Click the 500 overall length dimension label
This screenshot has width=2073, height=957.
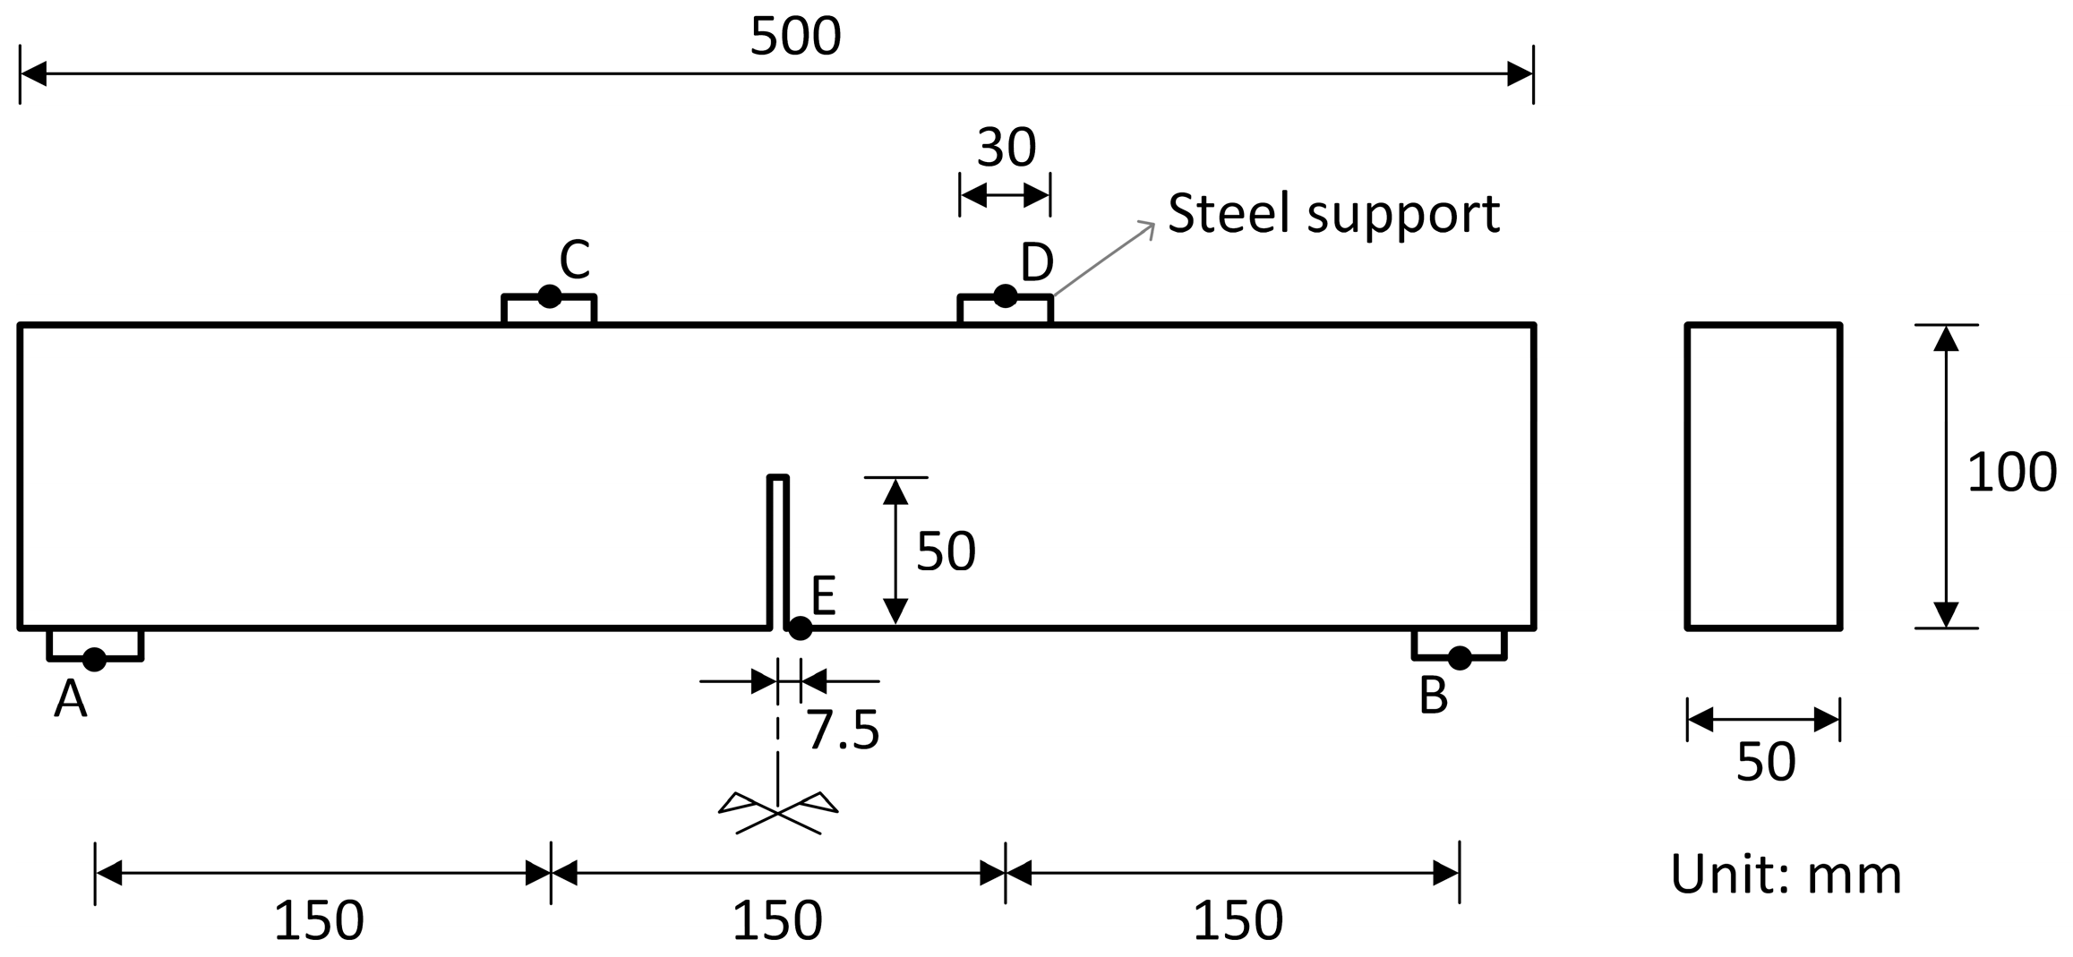[x=795, y=38]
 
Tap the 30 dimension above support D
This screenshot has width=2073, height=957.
[x=1006, y=148]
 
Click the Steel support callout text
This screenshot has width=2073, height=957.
[x=1333, y=214]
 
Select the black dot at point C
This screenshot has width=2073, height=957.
[x=549, y=296]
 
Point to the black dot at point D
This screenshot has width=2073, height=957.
[x=1006, y=295]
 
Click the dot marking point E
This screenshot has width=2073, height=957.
[x=800, y=628]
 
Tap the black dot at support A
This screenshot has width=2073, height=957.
[x=94, y=660]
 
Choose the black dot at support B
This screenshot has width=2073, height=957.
[x=1460, y=658]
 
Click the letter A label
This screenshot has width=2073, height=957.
[x=71, y=699]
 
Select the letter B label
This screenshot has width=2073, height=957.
[x=1434, y=696]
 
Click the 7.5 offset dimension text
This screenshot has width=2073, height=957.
[x=843, y=731]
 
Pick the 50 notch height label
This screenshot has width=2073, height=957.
[x=946, y=551]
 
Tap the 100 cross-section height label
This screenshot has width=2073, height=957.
[x=2011, y=473]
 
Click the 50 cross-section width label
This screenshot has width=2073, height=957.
[x=1766, y=763]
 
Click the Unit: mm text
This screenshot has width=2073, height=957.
[x=1786, y=875]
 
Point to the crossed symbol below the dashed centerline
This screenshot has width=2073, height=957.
[x=778, y=813]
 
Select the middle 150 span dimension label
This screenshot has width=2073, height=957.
[x=777, y=921]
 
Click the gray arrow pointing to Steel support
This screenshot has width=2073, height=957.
[x=1104, y=258]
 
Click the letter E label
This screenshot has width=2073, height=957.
[x=824, y=595]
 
